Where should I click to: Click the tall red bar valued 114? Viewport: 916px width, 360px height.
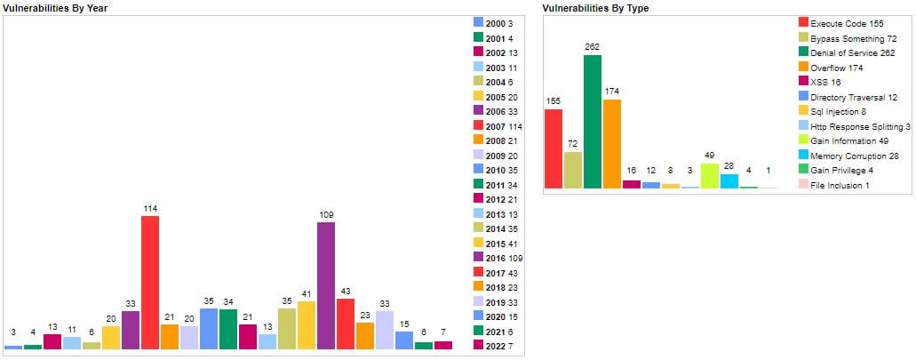coord(150,282)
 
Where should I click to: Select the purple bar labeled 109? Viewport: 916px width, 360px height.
coord(326,285)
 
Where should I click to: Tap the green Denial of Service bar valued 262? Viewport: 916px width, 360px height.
coord(593,121)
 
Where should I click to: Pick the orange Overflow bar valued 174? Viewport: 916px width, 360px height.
coord(612,143)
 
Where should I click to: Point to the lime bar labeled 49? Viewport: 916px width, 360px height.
coord(710,175)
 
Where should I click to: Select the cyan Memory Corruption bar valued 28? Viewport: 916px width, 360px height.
coord(729,180)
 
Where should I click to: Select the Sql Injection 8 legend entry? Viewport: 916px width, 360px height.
coord(839,112)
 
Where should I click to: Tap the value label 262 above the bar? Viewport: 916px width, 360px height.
coord(593,46)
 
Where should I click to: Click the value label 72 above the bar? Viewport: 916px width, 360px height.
coord(573,143)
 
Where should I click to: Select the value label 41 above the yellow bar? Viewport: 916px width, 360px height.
coord(307,292)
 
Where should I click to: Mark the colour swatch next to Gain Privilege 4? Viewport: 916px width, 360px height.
coord(803,170)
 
